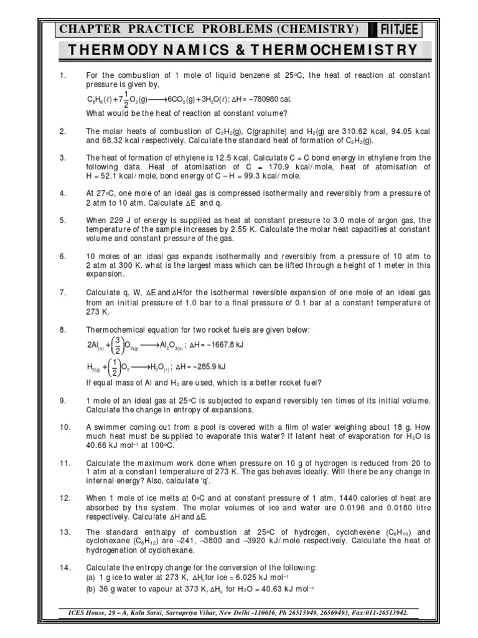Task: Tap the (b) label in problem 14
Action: point(91,587)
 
